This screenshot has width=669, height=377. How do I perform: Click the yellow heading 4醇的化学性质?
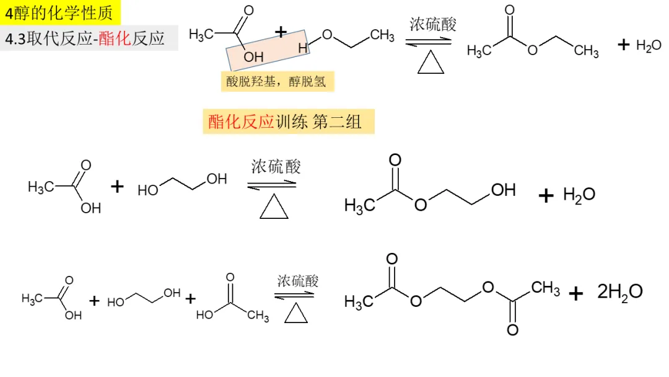coord(59,12)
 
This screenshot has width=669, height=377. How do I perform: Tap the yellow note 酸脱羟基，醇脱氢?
coord(276,82)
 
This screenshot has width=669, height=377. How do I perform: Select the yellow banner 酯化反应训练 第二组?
coord(288,122)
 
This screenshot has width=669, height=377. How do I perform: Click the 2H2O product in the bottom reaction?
coord(619,291)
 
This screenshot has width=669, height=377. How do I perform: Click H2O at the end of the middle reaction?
coord(579,195)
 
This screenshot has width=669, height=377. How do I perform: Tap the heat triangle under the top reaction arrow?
coord(431,63)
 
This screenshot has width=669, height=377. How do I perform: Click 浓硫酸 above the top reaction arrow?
coord(432,25)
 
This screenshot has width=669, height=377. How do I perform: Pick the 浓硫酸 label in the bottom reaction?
coord(297,280)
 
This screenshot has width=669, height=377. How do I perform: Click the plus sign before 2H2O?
coord(576,293)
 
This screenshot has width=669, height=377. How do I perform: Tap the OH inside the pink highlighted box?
coord(253,56)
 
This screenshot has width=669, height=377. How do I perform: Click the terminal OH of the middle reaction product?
coord(503,190)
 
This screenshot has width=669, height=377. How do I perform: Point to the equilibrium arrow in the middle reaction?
coord(272,184)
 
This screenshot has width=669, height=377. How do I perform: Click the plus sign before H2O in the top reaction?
coord(624,45)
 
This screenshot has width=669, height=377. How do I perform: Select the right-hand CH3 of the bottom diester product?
coord(545,288)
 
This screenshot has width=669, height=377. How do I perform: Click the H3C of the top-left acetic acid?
coord(201,35)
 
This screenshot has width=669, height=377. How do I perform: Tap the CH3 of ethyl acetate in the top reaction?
coord(586,51)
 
